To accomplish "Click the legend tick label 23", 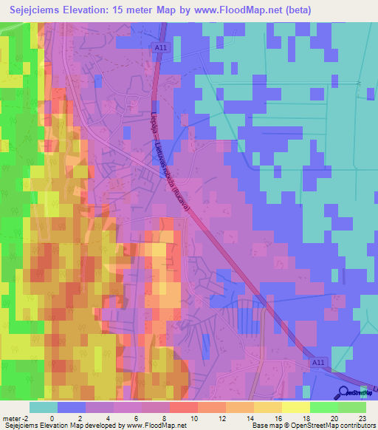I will pyautogui.click(x=361, y=418).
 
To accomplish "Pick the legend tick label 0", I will pyautogui.click(x=52, y=418).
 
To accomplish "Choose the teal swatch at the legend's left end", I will pyautogui.click(x=44, y=407).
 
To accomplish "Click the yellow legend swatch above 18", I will pyautogui.click(x=296, y=407).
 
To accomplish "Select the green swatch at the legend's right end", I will pyautogui.click(x=352, y=407).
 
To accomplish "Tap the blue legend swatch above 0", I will pyautogui.click(x=72, y=407).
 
